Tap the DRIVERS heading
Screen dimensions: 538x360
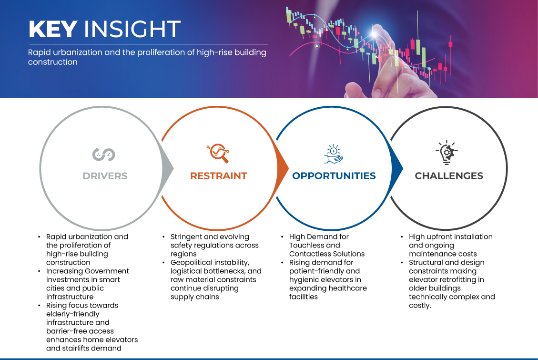click(x=105, y=176)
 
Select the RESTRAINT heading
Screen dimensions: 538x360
click(x=219, y=176)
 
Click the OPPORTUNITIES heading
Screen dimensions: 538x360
click(x=334, y=176)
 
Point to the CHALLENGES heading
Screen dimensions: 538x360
click(x=449, y=176)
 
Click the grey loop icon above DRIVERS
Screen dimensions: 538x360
click(x=103, y=154)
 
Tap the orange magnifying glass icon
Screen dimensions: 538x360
click(x=218, y=153)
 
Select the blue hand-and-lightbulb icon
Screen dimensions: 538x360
click(x=334, y=154)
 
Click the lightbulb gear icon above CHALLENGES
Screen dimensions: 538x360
click(x=447, y=153)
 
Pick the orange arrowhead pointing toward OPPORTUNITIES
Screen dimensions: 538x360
click(x=283, y=168)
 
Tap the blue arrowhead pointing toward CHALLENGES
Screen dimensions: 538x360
click(x=397, y=168)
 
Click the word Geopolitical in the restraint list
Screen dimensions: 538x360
click(x=193, y=263)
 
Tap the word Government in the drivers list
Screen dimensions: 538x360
click(x=107, y=271)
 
